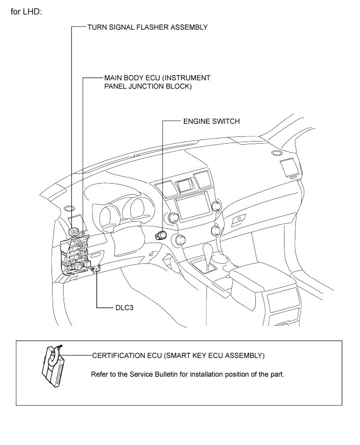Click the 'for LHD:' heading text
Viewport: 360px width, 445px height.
coord(26,11)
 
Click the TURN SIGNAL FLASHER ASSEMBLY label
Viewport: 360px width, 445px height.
coord(147,27)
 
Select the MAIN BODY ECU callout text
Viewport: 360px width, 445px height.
coord(157,82)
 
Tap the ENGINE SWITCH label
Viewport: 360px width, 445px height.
coord(212,121)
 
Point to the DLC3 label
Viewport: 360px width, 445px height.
coord(125,308)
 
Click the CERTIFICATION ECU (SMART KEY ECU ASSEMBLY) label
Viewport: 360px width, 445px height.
coord(178,355)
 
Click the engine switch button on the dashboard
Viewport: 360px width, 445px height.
coord(161,235)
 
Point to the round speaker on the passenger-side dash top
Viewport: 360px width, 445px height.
coord(276,153)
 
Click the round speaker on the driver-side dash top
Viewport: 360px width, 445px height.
coord(69,209)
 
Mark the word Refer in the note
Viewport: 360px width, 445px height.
coord(98,374)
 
